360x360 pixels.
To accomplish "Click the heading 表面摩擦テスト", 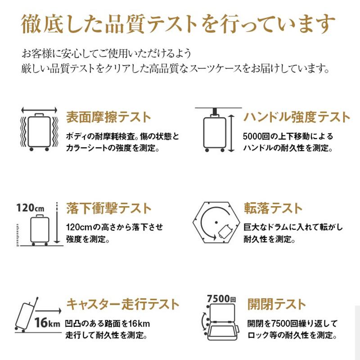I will pyautogui.click(x=108, y=117).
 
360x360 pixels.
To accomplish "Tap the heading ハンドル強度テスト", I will pyautogui.click(x=297, y=117).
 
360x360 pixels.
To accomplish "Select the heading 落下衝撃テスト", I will pyautogui.click(x=108, y=209).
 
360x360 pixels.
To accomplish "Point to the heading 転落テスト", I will pyautogui.click(x=273, y=209).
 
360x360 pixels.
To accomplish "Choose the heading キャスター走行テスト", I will pyautogui.click(x=122, y=304).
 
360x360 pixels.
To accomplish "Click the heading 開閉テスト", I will pyautogui.click(x=276, y=304).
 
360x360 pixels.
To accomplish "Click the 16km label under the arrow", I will pyautogui.click(x=47, y=323).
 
